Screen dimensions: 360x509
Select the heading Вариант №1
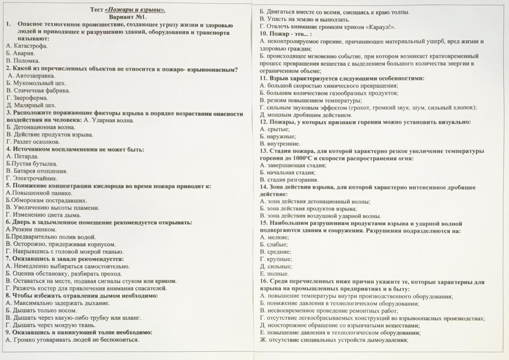click(x=128, y=17)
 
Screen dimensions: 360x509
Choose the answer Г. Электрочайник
click(x=32, y=178)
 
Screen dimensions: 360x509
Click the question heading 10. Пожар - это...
click(x=285, y=34)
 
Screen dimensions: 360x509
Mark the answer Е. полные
click(x=275, y=273)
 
